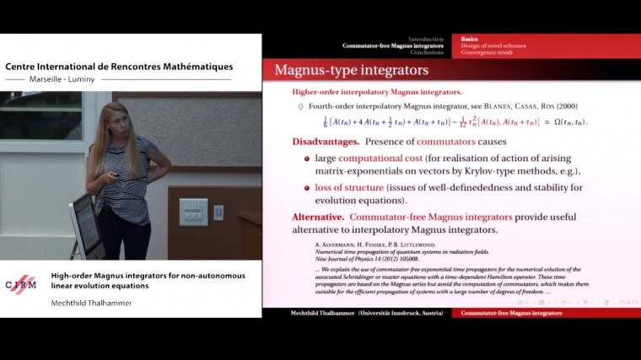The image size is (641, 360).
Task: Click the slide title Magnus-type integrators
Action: tap(352, 70)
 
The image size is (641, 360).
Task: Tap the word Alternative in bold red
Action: tap(317, 217)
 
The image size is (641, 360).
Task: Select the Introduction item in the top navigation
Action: tap(425, 39)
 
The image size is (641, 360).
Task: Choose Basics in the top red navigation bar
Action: tap(471, 39)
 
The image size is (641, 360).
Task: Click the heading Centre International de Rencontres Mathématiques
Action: tap(119, 67)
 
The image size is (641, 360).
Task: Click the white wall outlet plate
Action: tap(193, 212)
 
